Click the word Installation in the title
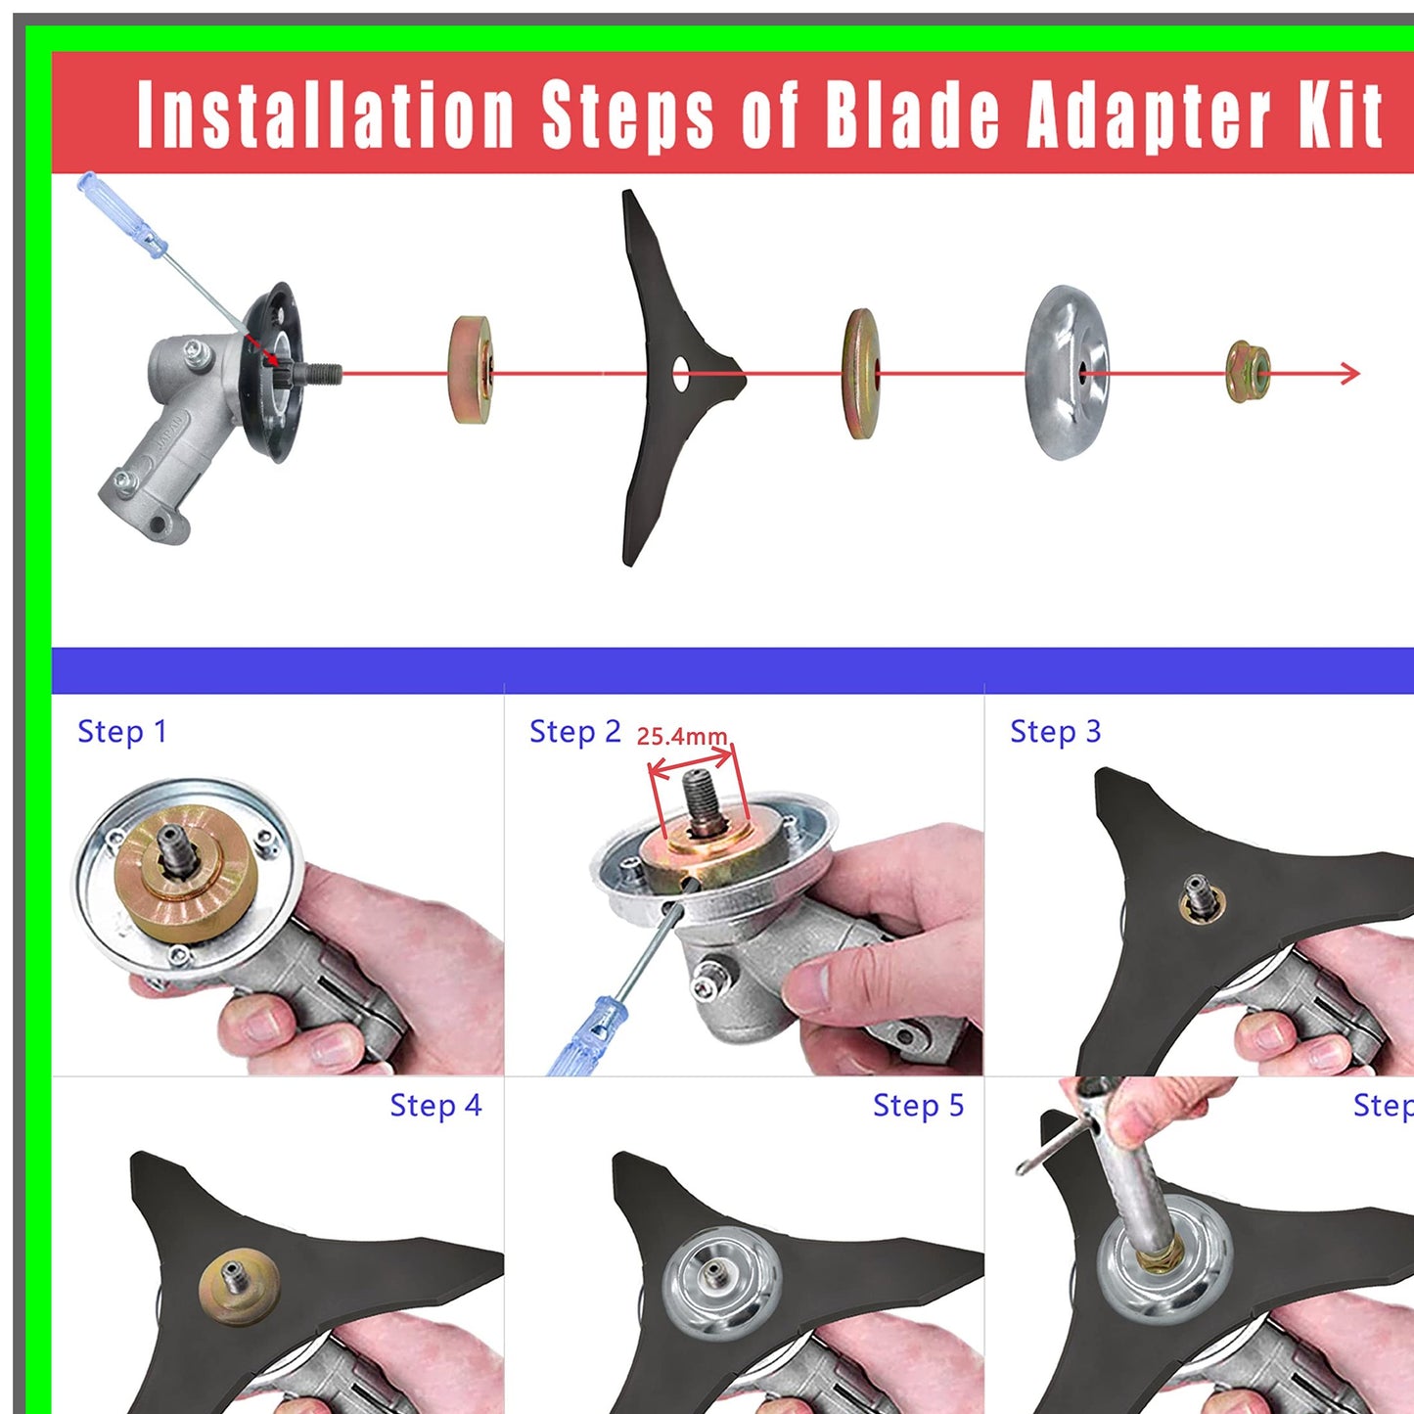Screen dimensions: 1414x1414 pyautogui.click(x=325, y=115)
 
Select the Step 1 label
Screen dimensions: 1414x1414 pyautogui.click(x=122, y=731)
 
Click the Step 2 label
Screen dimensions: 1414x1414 pyautogui.click(x=574, y=731)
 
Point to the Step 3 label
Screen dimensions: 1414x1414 pyautogui.click(x=1055, y=731)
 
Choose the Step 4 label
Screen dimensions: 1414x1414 pyautogui.click(x=435, y=1105)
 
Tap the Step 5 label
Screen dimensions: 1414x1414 pyautogui.click(x=918, y=1105)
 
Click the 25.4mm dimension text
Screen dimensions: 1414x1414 pyautogui.click(x=682, y=737)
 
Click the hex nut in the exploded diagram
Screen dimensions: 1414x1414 pyautogui.click(x=1248, y=372)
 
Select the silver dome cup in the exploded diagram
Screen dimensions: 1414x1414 pyautogui.click(x=1066, y=373)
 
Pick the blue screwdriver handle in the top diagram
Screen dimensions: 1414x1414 pyautogui.click(x=123, y=214)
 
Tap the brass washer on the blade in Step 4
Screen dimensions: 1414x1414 pyautogui.click(x=239, y=1281)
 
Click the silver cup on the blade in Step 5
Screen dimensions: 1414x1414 pyautogui.click(x=721, y=1281)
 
